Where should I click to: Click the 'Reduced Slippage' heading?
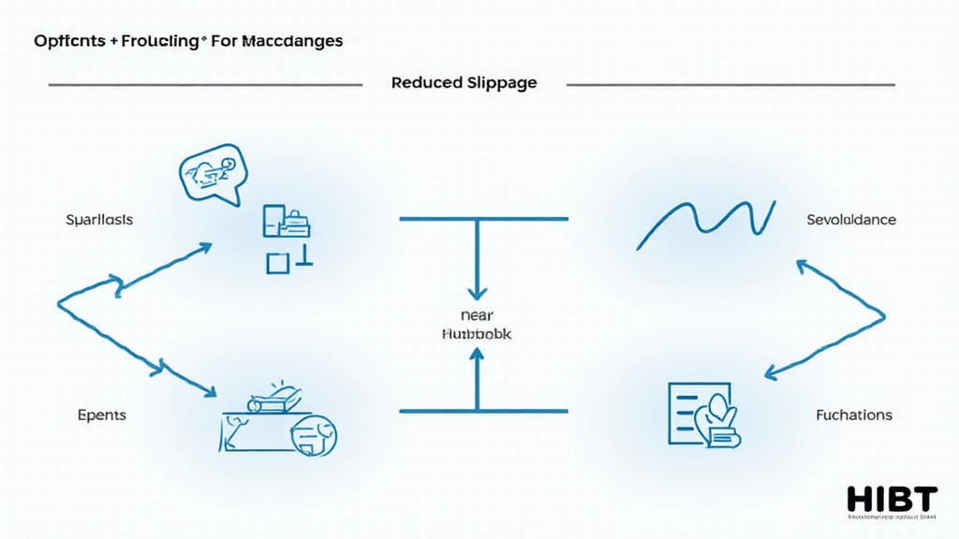pos(464,82)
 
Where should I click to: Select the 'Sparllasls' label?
pos(99,220)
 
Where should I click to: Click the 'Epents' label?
pos(102,415)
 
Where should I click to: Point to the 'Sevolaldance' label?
pos(850,220)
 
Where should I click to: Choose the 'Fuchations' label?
pos(853,415)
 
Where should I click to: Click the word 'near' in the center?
pos(477,314)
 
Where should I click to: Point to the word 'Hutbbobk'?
pos(476,334)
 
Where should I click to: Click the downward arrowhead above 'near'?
pos(477,292)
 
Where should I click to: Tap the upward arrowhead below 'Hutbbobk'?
pos(477,355)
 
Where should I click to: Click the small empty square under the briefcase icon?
pos(277,263)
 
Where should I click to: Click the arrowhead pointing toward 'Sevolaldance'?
pos(803,268)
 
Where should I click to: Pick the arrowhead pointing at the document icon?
pos(772,374)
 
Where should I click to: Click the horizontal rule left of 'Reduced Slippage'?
pos(205,85)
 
